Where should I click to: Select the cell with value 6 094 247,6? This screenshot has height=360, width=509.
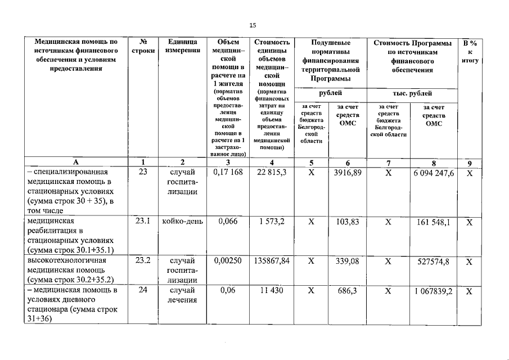tap(434, 173)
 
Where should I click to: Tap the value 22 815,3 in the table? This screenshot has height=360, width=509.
tap(272, 173)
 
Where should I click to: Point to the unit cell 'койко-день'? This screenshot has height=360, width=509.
tap(182, 222)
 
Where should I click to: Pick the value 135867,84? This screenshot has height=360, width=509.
tap(272, 261)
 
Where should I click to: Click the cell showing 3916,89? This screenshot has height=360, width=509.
tap(347, 173)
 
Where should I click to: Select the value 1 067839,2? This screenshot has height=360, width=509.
tap(434, 290)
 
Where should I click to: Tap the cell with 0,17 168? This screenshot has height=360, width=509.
tap(228, 173)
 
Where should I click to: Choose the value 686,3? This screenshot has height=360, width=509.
tap(347, 290)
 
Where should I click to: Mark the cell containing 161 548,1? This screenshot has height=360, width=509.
tap(434, 222)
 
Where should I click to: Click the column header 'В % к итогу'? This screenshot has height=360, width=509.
tap(470, 51)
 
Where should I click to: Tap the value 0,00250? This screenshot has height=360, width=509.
tap(228, 261)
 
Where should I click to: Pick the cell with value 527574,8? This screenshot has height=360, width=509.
tap(434, 261)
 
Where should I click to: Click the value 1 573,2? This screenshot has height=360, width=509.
tap(272, 222)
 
